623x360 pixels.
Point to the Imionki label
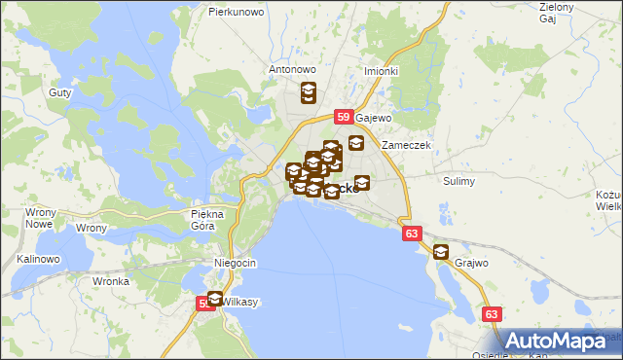pos(381,71)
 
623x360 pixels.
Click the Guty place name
pos(58,93)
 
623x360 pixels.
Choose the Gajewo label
pos(373,118)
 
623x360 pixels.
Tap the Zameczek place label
pos(406,145)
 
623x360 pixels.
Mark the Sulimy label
pos(458,181)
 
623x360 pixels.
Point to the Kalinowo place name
pos(39,260)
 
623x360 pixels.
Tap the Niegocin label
pos(235,264)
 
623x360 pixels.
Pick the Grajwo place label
pos(469,263)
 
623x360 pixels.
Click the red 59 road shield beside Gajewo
pos(343,117)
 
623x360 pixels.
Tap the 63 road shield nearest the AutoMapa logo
pos(492,314)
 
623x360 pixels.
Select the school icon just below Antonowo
pos(308,93)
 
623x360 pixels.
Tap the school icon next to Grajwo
pos(441,252)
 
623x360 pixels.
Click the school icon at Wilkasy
pos(214,299)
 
